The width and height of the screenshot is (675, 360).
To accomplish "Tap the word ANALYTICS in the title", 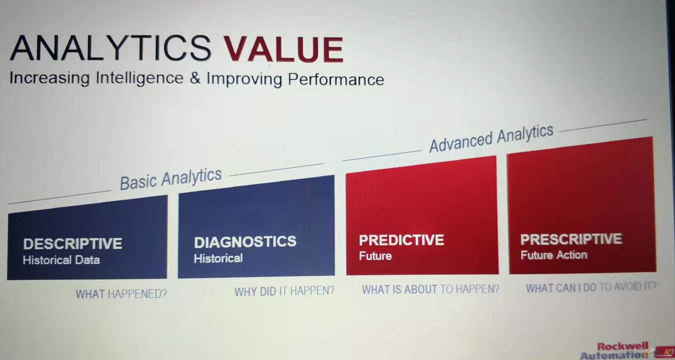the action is [111, 48].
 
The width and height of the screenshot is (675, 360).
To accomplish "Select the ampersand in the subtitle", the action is [195, 78].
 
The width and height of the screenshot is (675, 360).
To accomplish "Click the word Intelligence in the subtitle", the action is [140, 78].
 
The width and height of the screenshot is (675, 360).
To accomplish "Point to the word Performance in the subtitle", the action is [336, 79].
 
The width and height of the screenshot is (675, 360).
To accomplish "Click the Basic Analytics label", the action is [171, 179].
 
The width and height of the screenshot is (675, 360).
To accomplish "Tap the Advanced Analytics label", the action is [491, 138].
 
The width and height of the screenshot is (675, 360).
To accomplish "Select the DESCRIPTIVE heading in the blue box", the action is [73, 244].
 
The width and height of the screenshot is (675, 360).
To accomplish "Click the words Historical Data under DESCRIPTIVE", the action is [61, 260].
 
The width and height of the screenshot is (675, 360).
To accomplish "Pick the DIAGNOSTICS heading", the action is [245, 242].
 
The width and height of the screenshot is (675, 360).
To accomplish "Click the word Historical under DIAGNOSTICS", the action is [218, 258].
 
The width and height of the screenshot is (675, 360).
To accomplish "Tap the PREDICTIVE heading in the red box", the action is [402, 240].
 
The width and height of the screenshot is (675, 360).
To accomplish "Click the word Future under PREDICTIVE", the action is [375, 256].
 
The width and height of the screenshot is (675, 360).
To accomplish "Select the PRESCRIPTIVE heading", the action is [571, 239].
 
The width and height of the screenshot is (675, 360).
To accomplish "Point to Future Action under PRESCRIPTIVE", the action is [554, 255].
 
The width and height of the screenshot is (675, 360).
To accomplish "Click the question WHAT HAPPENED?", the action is [121, 294].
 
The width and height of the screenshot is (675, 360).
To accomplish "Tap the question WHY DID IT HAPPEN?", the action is [284, 291].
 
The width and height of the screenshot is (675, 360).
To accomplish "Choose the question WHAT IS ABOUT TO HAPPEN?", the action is [431, 289].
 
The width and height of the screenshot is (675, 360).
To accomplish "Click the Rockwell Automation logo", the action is [615, 351].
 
